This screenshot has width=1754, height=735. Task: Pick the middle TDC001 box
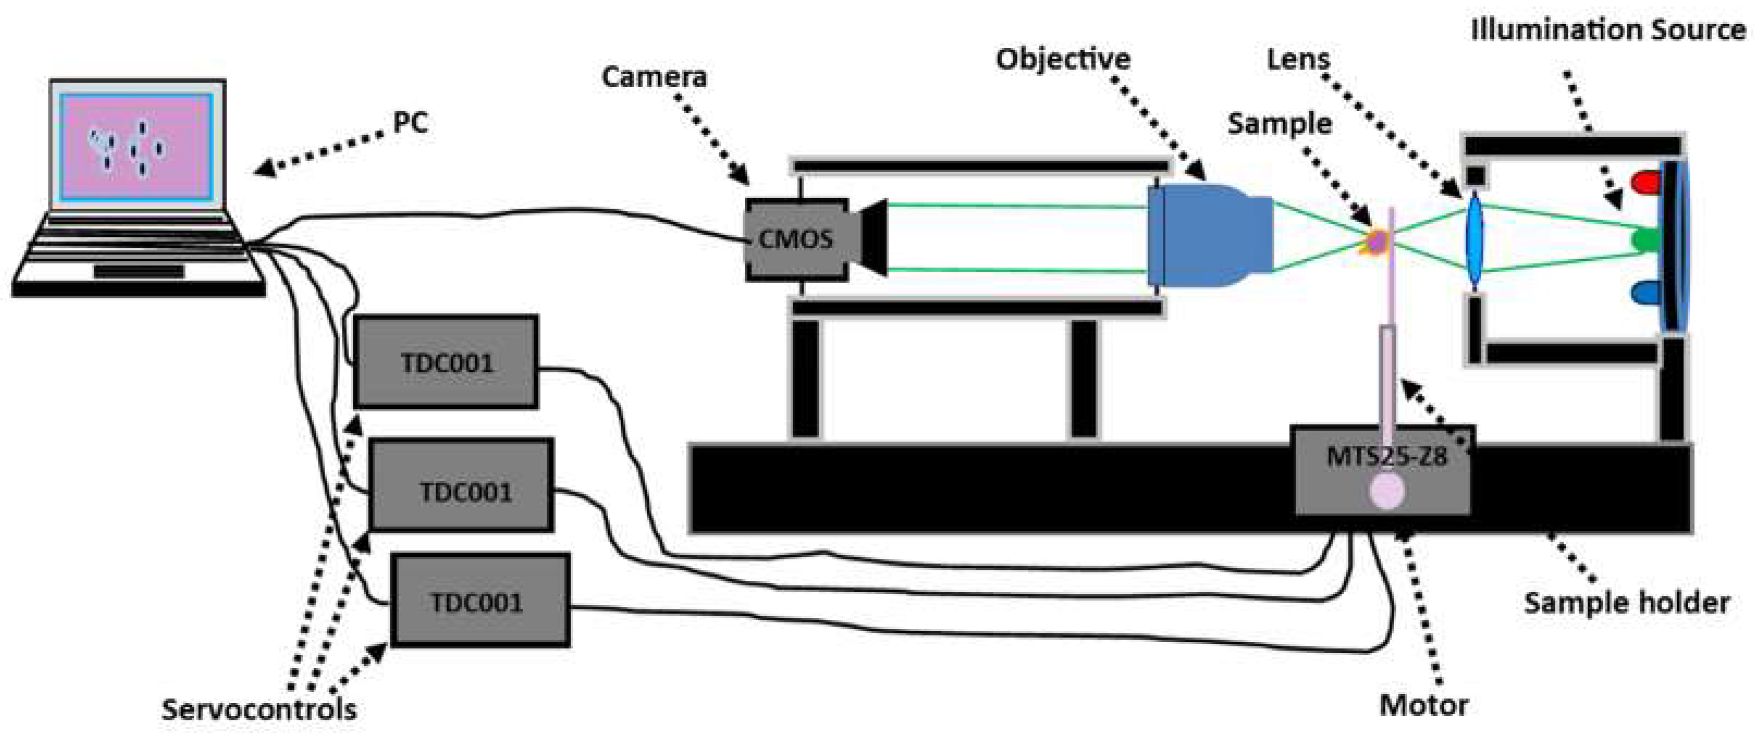coord(462,485)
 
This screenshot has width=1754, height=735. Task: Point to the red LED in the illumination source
coord(1646,182)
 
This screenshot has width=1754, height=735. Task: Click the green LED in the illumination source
coord(1646,240)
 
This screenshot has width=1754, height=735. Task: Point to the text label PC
coord(410,122)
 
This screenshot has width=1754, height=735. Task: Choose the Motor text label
coord(1423,705)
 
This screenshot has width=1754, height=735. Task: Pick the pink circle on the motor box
coord(1387,491)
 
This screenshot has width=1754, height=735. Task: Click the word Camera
coord(654,77)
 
